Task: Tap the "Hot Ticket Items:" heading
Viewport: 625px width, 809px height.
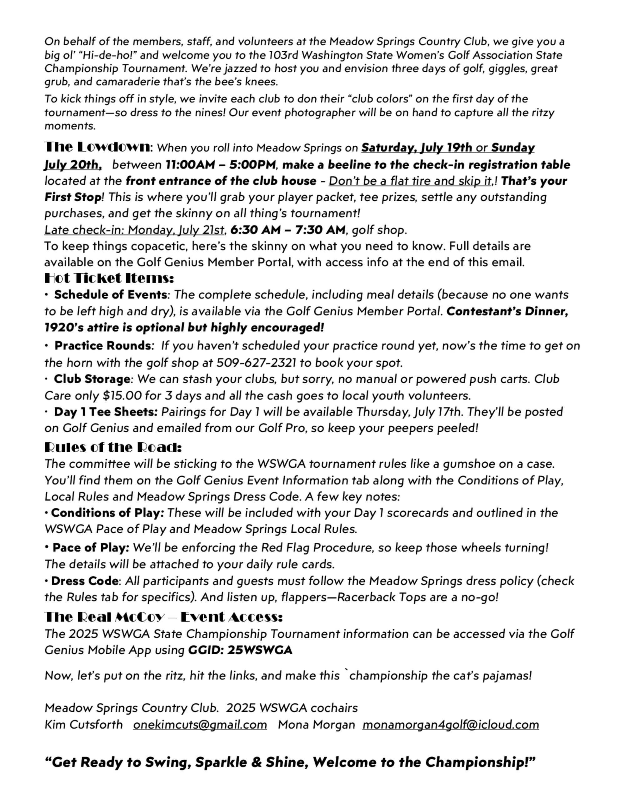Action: pos(109,278)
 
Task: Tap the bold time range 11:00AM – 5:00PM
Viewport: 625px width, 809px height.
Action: pos(220,164)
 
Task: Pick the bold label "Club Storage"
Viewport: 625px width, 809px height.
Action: pos(92,379)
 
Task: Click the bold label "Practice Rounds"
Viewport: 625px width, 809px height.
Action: pos(102,346)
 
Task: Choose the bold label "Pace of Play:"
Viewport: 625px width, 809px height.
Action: pos(91,547)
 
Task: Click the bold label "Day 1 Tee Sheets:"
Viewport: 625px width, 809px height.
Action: pos(106,412)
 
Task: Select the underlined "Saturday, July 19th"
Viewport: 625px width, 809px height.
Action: pos(417,148)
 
